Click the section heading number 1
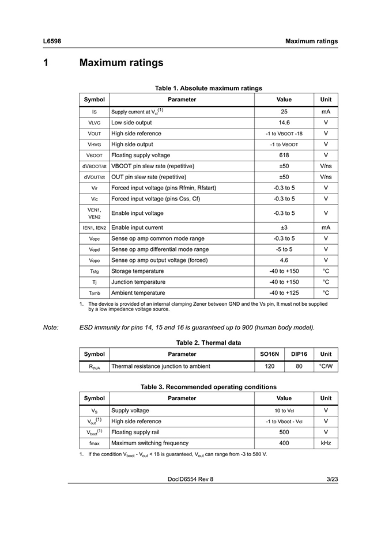46,62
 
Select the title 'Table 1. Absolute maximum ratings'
209,88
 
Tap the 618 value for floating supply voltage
284,155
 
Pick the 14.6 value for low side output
284,123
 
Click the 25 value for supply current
284,112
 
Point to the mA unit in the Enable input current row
326,227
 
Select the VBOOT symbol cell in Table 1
94,155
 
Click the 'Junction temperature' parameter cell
138,282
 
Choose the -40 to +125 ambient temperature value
284,293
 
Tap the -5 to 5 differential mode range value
284,249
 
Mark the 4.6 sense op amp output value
284,260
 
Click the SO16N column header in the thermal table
269,354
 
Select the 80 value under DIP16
299,366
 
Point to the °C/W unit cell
326,366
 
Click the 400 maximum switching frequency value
284,443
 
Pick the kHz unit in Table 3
326,443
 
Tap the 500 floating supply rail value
284,432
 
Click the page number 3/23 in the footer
332,479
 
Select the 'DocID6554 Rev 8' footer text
190,479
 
